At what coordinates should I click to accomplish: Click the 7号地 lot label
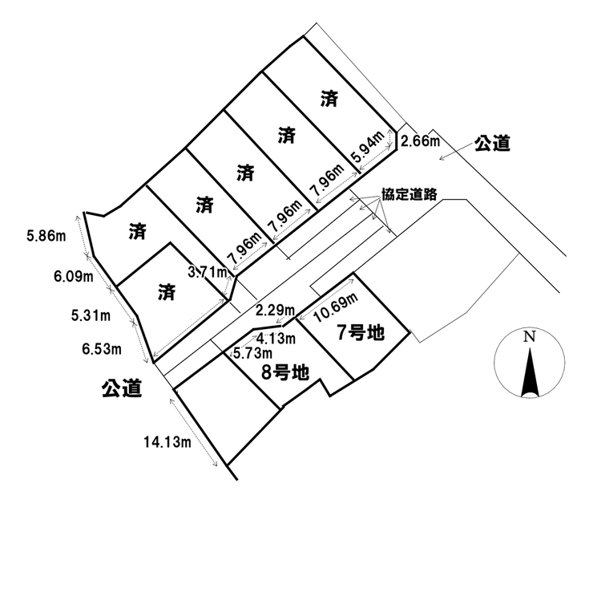click(x=361, y=333)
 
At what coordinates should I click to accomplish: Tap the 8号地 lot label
click(x=285, y=372)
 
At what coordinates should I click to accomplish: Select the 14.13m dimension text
click(x=167, y=441)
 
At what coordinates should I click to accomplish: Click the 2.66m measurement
click(x=420, y=141)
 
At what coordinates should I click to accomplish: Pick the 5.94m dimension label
click(x=368, y=147)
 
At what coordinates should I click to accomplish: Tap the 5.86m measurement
click(x=46, y=236)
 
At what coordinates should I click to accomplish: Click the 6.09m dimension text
click(x=74, y=277)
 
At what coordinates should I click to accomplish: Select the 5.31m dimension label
click(x=91, y=315)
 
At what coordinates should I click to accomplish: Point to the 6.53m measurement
click(x=102, y=349)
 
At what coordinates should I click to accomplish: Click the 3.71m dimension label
click(x=208, y=271)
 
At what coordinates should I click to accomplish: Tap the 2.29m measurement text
click(x=275, y=311)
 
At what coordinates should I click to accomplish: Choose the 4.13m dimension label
click(x=276, y=339)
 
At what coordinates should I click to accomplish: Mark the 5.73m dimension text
click(x=252, y=353)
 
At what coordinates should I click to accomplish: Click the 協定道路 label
click(x=409, y=194)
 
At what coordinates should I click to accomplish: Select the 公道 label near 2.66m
click(x=492, y=143)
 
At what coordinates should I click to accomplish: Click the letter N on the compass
click(x=530, y=336)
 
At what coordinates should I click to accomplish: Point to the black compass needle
click(x=530, y=373)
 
